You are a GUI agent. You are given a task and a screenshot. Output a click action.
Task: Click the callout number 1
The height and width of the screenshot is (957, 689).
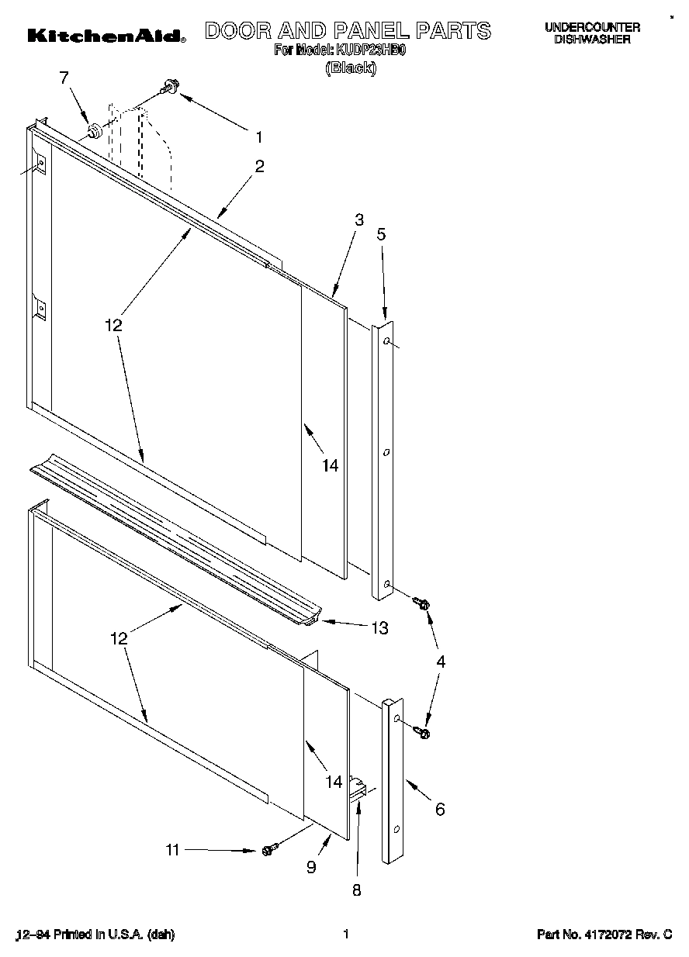[x=259, y=137]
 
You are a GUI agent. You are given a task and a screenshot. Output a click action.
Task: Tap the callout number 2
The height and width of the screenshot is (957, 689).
[x=259, y=165]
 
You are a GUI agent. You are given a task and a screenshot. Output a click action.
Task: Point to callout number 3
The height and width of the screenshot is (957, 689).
[x=358, y=219]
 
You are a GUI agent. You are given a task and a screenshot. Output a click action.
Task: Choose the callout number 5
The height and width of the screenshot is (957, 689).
[x=381, y=233]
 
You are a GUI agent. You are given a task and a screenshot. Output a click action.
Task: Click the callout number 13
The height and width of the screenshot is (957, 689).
[x=379, y=628]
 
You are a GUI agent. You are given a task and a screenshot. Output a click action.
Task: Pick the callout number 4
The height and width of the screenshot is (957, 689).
[x=441, y=662]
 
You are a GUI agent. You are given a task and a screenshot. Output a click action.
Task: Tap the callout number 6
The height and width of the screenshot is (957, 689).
[x=440, y=809]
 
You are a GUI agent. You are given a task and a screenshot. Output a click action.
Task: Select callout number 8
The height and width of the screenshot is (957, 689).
[x=357, y=890]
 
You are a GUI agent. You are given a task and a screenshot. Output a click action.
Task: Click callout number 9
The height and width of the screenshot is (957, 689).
[x=311, y=868]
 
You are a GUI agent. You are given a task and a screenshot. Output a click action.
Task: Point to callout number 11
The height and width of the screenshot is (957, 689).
[x=172, y=850]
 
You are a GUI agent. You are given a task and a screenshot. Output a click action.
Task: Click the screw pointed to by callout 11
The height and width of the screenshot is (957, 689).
[x=269, y=850]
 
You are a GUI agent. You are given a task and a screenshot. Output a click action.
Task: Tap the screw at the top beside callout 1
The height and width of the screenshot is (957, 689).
[x=169, y=88]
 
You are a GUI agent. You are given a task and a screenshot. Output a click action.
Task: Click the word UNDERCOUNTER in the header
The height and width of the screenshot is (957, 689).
[x=592, y=27]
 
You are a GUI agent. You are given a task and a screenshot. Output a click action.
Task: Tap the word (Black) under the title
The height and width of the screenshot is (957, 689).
[x=351, y=67]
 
